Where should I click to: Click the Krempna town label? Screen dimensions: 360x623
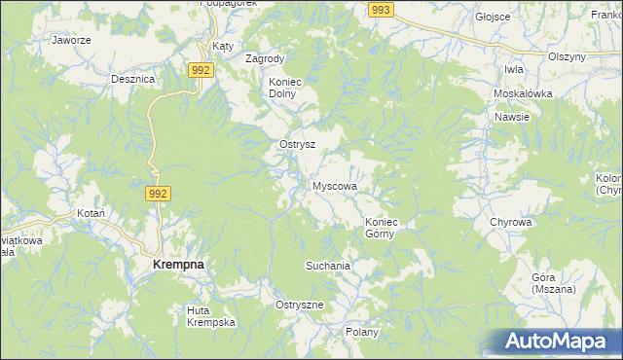pos(177,265)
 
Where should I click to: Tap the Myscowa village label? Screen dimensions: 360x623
pos(335,185)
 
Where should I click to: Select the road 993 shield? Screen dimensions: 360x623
pos(382,9)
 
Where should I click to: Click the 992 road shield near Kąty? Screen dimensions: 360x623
pos(202,70)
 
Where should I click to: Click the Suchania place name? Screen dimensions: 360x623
pos(327,265)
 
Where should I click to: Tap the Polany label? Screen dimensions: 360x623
pos(362,332)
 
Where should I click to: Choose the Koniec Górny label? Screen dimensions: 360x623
pos(383,228)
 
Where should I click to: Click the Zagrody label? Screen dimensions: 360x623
pos(265,58)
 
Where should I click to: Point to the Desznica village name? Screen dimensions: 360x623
pos(133,79)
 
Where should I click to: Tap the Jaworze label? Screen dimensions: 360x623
pos(71,41)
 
